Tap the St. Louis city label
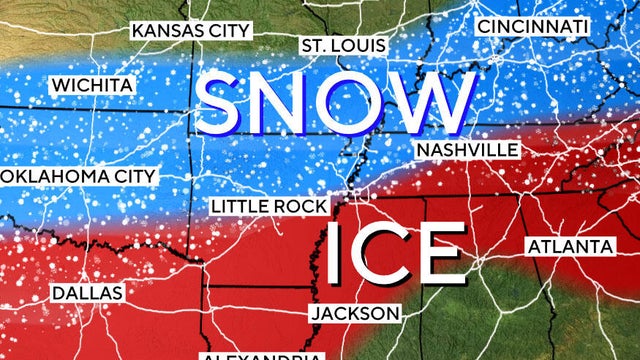[x=341, y=46]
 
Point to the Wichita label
[x=91, y=84]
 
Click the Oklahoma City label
[x=78, y=176]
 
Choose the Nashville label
[x=467, y=149]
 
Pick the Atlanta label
[x=569, y=246]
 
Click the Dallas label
[x=88, y=293]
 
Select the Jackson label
[x=355, y=313]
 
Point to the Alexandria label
[x=262, y=355]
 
